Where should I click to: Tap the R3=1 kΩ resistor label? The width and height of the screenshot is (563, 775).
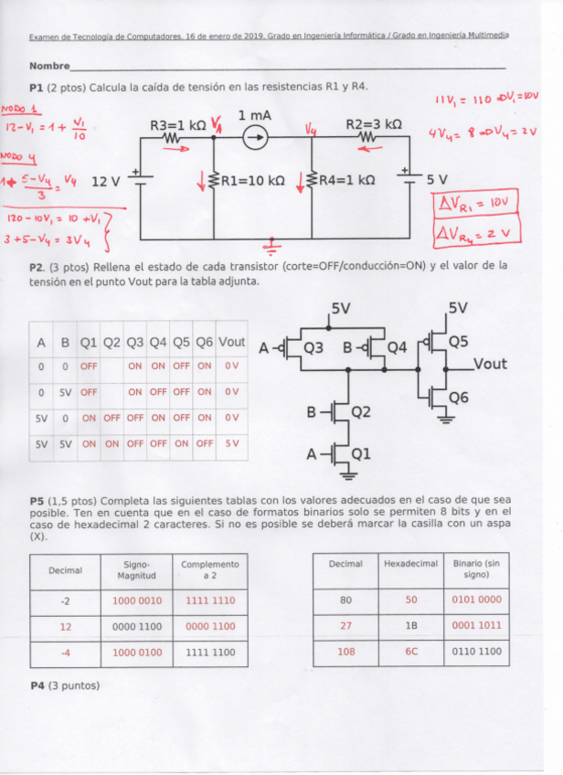179,124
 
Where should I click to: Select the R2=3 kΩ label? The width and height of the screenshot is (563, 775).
373,123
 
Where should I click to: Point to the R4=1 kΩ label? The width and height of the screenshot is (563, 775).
345,181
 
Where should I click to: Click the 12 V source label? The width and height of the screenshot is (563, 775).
106,181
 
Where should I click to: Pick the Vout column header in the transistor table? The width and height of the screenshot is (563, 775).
232,342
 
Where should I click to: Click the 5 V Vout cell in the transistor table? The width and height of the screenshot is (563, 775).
232,443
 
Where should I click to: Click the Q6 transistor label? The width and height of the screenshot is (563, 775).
459,398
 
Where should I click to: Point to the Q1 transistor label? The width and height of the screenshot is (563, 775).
362,453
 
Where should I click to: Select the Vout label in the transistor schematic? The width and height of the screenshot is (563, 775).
490,364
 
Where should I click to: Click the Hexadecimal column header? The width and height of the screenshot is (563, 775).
410,564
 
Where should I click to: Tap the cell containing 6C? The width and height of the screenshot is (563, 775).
410,652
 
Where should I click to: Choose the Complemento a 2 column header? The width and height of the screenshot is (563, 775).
210,569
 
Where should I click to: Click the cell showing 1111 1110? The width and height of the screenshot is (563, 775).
210,600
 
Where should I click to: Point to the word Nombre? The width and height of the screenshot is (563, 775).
49,66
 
